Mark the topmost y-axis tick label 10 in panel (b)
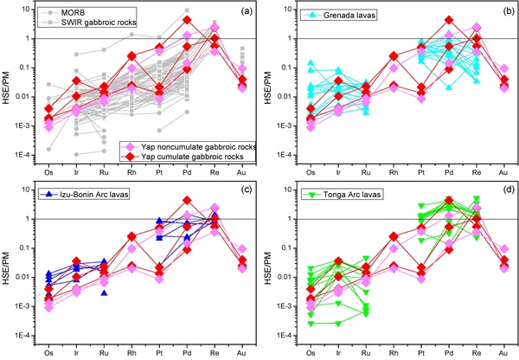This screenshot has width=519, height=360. pos(293,10)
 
